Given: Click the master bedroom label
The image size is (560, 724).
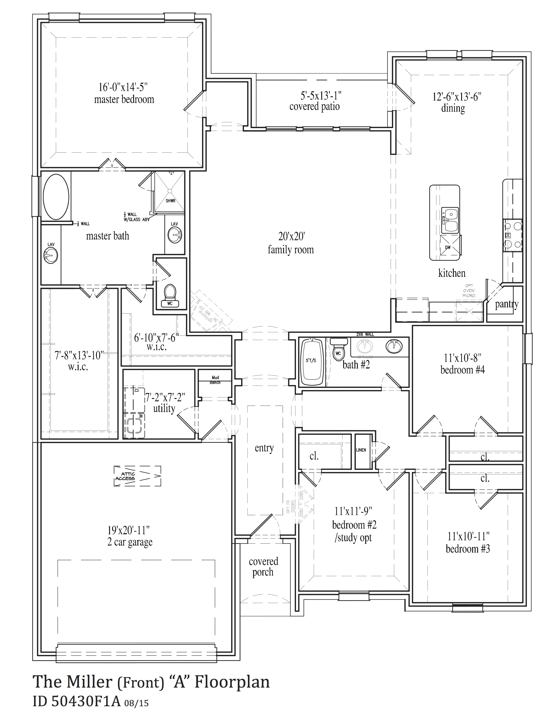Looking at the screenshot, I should pyautogui.click(x=124, y=99).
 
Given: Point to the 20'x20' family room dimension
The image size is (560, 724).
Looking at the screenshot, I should pyautogui.click(x=291, y=236).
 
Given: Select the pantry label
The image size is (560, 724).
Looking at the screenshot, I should pyautogui.click(x=506, y=304).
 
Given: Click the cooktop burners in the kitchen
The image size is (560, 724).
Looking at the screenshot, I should pyautogui.click(x=512, y=236).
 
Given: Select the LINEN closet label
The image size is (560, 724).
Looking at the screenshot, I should pyautogui.click(x=361, y=450).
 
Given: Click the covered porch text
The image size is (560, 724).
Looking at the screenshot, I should pyautogui.click(x=263, y=566).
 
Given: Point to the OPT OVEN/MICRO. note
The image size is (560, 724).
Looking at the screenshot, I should pyautogui.click(x=469, y=290).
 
